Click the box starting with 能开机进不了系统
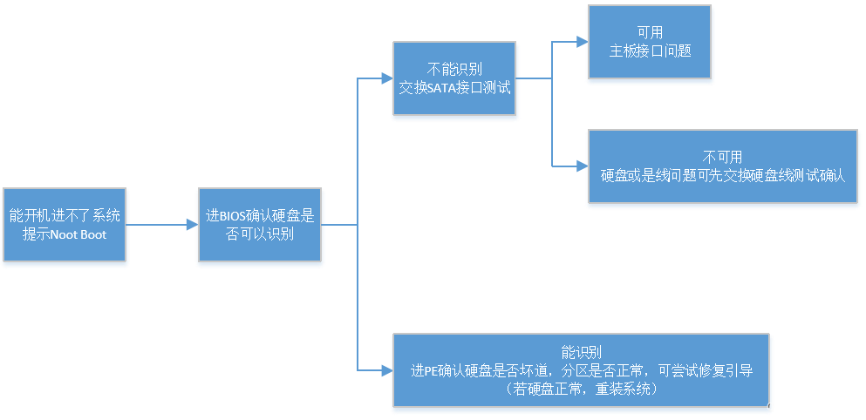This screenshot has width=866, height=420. pos(64,226)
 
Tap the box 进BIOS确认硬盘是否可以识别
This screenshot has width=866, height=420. pos(260,226)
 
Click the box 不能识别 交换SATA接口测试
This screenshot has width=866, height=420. pos(453,79)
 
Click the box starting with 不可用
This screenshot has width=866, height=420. pos(722,166)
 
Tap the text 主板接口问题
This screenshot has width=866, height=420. pos(650,51)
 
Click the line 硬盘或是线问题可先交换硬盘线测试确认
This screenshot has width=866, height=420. pos(722,175)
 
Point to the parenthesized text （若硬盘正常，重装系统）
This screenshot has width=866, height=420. pos(581,389)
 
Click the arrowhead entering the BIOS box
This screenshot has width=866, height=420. pos(192,225)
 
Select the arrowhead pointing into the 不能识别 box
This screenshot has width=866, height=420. pos(386,78)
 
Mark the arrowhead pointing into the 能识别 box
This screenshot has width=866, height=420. pos(386,370)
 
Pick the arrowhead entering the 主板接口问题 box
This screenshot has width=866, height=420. pos(581,41)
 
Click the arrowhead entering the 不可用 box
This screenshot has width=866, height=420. pos(581,166)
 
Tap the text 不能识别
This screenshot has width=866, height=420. pos(453,70)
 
